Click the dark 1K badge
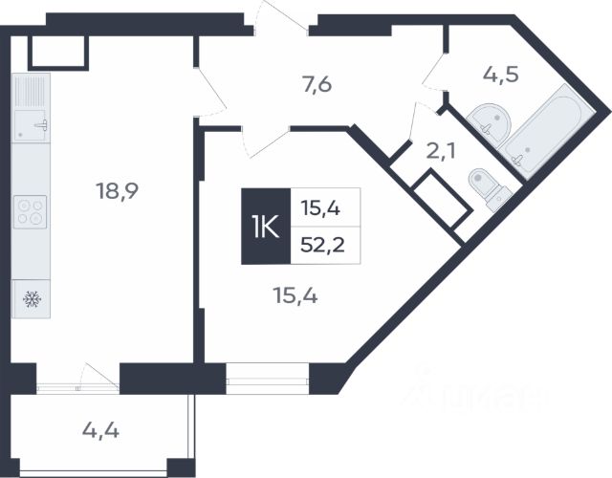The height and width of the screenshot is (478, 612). [x=263, y=227]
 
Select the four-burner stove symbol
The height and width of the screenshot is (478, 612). [x=32, y=211]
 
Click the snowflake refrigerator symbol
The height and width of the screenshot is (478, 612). [x=30, y=298]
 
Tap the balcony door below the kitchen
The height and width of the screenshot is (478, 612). [x=97, y=378]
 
